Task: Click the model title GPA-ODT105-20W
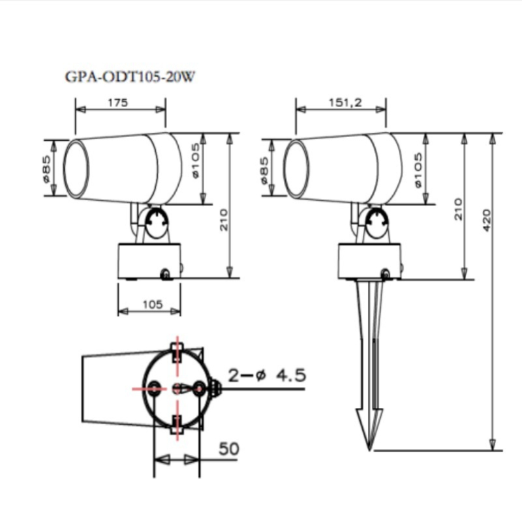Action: tap(130, 76)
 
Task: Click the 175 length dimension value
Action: tap(118, 102)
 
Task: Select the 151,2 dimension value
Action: tap(345, 102)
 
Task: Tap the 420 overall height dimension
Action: tap(486, 220)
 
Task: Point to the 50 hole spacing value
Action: tap(229, 449)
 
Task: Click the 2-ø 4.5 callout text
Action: tap(267, 375)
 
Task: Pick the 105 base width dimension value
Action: tap(153, 304)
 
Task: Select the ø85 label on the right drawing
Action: tap(264, 170)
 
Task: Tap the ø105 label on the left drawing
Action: tap(195, 161)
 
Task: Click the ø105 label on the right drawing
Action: tap(418, 170)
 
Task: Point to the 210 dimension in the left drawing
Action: tap(224, 220)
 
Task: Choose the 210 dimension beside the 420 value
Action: tap(458, 209)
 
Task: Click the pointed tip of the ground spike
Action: tap(369, 450)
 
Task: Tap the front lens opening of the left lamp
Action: tap(76, 169)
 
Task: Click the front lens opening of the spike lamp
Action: tap(297, 169)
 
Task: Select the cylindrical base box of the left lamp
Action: tap(149, 261)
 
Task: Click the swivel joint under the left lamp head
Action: tap(157, 223)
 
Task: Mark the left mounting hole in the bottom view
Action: tap(154, 388)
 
